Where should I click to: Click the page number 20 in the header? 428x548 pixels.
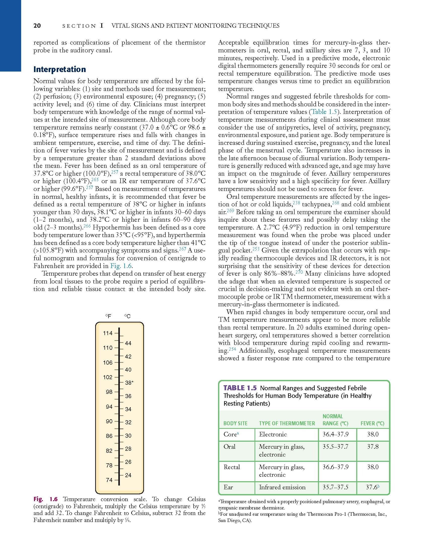tap(37, 26)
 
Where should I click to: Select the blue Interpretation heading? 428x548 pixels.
tap(59, 69)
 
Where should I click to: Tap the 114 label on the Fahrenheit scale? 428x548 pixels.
tap(108, 333)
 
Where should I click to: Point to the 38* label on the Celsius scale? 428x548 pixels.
tap(129, 383)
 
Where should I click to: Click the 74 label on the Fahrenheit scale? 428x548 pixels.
tap(109, 480)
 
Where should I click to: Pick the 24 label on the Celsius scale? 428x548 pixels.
tap(128, 475)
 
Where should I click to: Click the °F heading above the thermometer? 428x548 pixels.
tap(108, 316)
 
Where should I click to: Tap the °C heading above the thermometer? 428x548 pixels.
tap(127, 316)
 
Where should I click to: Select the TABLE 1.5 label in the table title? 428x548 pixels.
tap(240, 388)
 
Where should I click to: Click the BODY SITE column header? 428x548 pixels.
tap(235, 424)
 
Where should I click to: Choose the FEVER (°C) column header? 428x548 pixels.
tap(372, 424)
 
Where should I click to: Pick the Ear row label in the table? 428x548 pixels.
tap(228, 487)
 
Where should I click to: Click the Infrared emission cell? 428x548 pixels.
tap(282, 487)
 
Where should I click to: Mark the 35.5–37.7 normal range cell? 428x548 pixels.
tap(336, 447)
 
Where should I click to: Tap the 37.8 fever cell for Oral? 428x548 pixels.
tap(373, 447)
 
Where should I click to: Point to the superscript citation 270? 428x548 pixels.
tap(299, 272)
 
